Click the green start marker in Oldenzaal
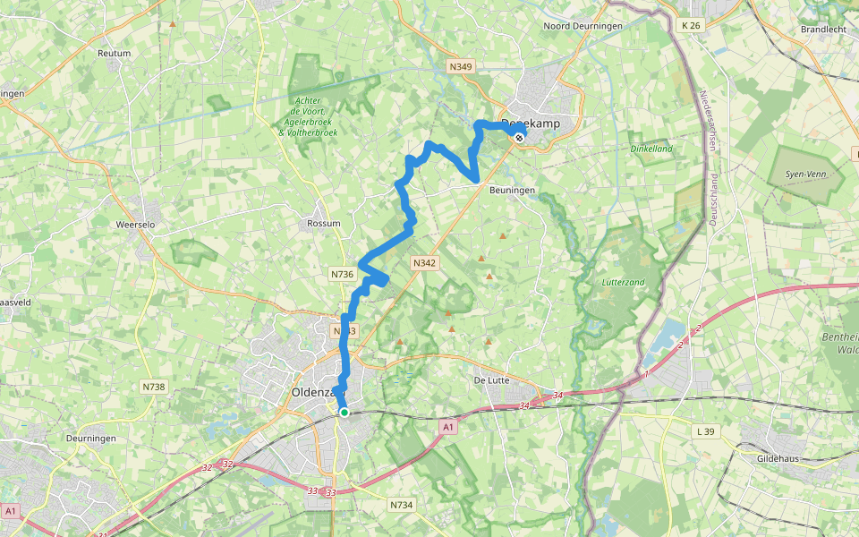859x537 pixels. point(344,412)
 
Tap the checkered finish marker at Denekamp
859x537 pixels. point(519,137)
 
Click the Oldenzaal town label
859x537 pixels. point(313,392)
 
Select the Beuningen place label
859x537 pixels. point(512,191)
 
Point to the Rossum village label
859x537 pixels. point(323,223)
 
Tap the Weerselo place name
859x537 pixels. point(137,224)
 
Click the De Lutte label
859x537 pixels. point(491,380)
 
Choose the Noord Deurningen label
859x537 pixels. point(583,26)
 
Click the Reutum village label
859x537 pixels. point(114,54)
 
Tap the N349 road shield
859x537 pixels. point(460,66)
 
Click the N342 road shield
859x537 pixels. point(424,262)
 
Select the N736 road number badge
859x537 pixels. point(342,274)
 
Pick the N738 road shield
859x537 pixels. point(153,387)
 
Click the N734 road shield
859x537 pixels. point(402,506)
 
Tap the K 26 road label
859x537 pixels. point(691,25)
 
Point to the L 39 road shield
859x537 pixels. point(707,431)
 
